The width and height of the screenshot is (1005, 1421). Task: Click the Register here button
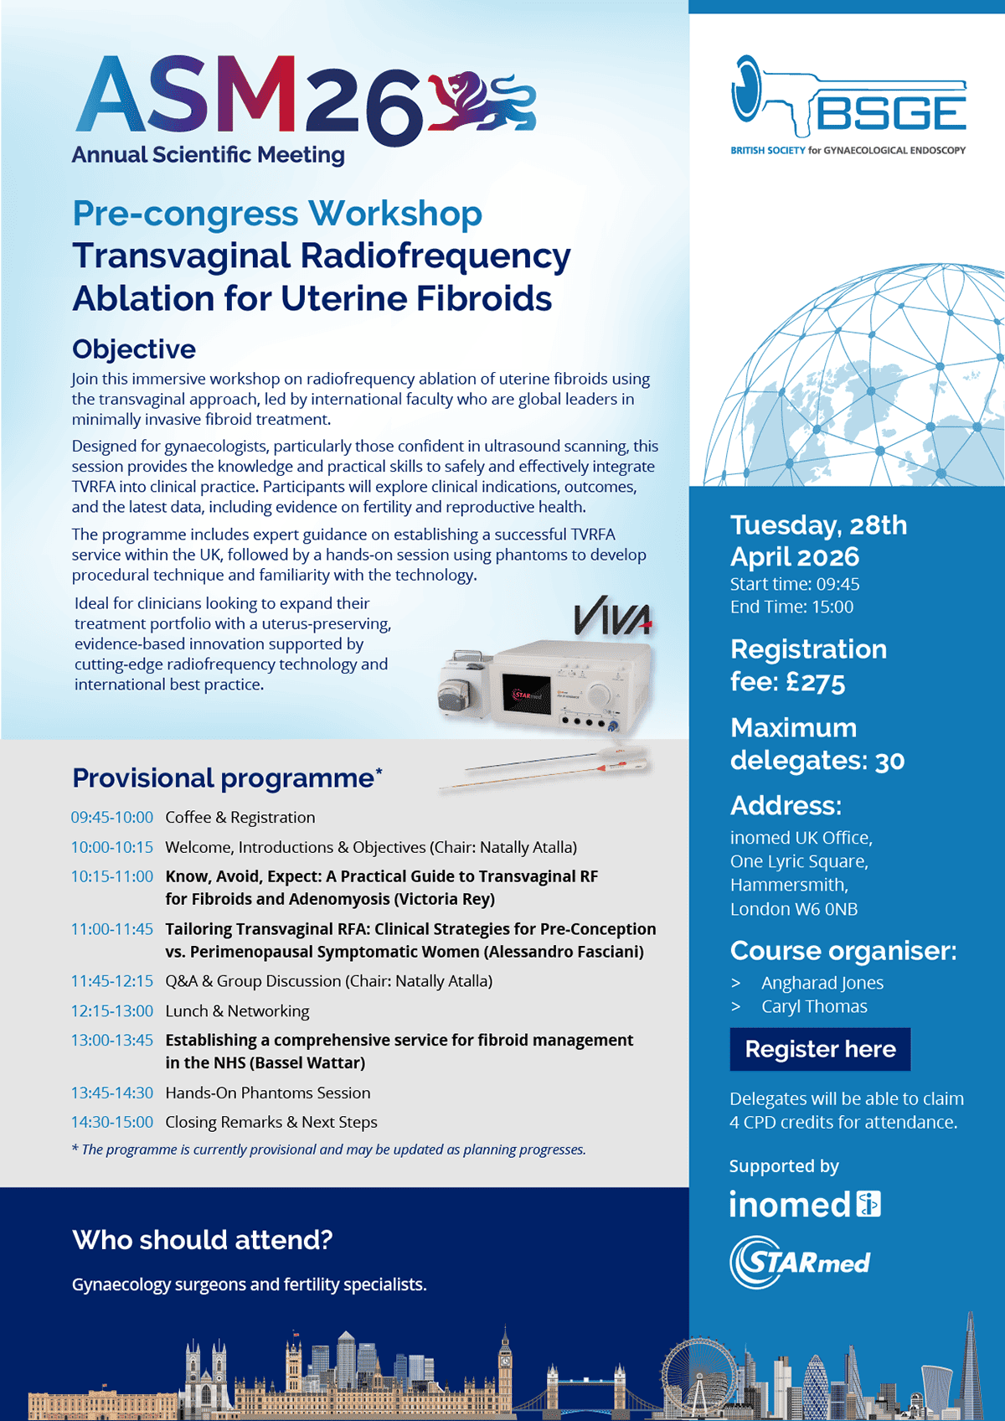[x=820, y=1049]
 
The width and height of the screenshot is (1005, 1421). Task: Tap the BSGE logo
[x=848, y=105]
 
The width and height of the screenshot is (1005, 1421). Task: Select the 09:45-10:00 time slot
[x=111, y=817]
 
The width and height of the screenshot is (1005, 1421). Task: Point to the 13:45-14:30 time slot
[x=111, y=1093]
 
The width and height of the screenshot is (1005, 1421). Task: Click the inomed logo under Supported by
[x=805, y=1204]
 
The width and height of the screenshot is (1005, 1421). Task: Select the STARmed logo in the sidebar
[x=800, y=1262]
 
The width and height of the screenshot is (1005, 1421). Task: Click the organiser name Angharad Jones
[x=822, y=983]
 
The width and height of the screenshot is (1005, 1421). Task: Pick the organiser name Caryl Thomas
[x=814, y=1006]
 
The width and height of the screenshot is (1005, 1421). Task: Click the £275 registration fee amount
[x=816, y=683]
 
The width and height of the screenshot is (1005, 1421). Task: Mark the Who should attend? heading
[x=203, y=1239]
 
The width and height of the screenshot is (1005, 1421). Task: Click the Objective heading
[x=134, y=349]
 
